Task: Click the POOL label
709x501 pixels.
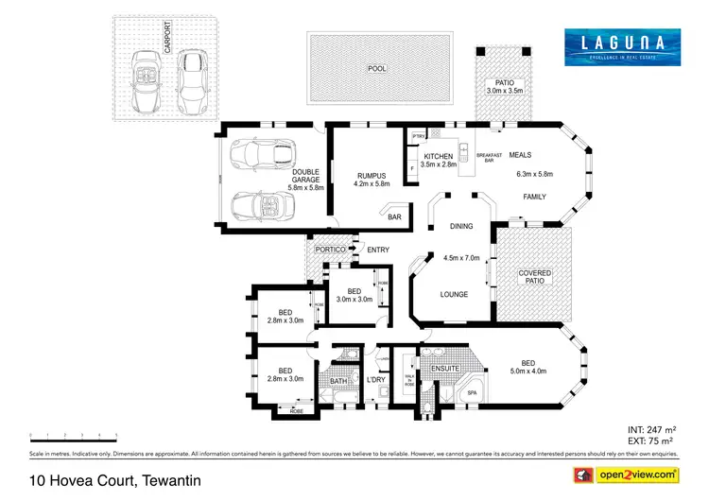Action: tap(376, 69)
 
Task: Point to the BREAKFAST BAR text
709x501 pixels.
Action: tap(489, 158)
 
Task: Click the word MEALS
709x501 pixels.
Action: tap(521, 155)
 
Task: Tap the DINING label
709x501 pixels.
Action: tap(461, 227)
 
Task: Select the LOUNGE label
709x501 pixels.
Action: tap(454, 294)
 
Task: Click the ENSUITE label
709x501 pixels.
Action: tap(444, 369)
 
